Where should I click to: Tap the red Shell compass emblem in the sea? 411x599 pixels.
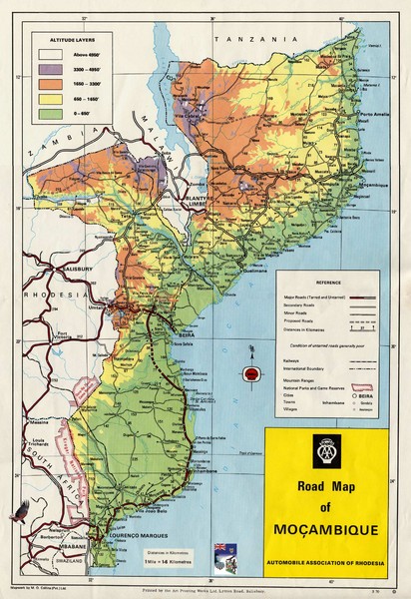pyautogui.click(x=252, y=373)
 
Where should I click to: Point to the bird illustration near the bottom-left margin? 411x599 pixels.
pyautogui.click(x=18, y=514)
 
